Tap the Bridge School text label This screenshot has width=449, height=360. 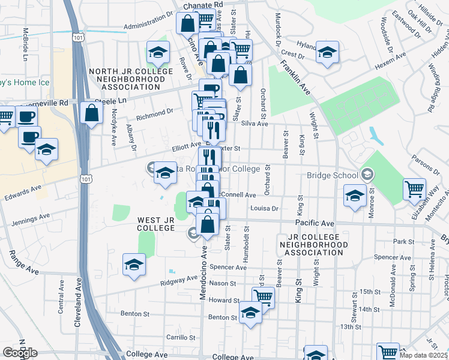point(332,176)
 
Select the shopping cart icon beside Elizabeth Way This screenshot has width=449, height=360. point(415,189)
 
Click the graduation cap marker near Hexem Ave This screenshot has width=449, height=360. point(328,52)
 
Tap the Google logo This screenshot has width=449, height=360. point(20,353)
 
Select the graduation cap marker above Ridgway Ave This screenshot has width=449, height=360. point(134,265)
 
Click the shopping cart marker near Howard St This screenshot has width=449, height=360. point(263,296)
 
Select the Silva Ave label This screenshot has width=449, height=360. point(255,124)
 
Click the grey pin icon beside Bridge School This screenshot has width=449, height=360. point(367,175)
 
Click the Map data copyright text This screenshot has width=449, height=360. point(424,355)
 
